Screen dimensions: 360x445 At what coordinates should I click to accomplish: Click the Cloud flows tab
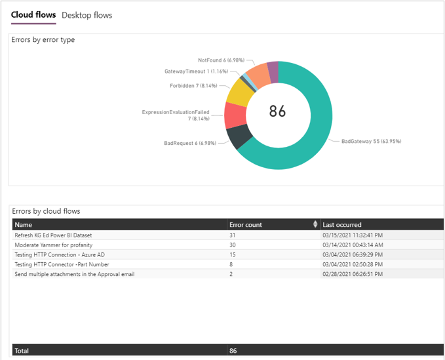pos(33,15)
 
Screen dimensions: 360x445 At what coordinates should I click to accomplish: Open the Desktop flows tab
pos(87,15)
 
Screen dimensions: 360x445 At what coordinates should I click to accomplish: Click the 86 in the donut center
pos(278,111)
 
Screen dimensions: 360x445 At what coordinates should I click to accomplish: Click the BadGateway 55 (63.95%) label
pos(371,141)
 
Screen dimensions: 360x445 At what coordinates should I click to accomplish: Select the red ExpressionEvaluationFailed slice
pos(234,115)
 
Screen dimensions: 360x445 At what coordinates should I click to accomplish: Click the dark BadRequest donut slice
pos(240,136)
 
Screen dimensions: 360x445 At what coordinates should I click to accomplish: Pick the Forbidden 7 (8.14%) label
pos(193,85)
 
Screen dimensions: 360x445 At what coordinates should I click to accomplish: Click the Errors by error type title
pos(43,40)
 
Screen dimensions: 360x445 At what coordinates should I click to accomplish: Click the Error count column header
pos(246,225)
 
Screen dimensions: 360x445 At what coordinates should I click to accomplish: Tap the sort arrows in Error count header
pos(316,225)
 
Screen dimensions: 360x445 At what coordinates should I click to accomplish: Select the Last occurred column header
pos(342,225)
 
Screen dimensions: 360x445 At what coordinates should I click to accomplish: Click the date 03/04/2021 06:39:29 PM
pos(353,254)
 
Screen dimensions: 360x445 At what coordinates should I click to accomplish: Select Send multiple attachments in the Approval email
pos(74,274)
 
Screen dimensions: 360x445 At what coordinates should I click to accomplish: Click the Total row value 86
pos(233,351)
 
